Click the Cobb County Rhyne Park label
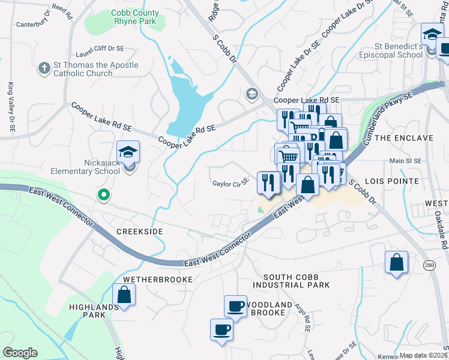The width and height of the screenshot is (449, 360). (135, 17)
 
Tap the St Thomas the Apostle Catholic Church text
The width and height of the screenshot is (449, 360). (88, 69)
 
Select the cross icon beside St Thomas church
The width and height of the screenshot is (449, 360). (44, 68)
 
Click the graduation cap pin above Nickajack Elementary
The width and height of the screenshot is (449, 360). (128, 151)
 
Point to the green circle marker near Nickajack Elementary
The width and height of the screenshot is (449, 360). (104, 194)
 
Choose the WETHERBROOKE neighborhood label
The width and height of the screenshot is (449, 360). (158, 280)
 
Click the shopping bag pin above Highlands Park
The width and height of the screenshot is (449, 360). (124, 295)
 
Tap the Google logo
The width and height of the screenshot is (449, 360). (20, 352)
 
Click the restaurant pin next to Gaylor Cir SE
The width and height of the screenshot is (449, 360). (268, 182)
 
